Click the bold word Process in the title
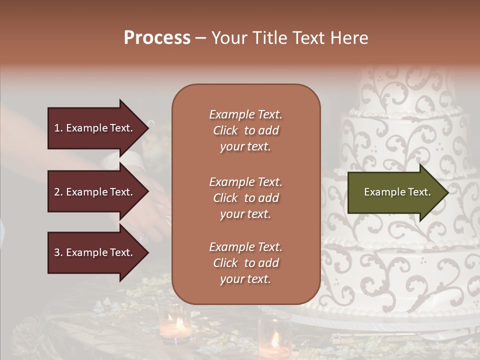[x=157, y=38]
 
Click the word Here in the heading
[x=350, y=38]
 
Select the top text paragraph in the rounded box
[x=245, y=130]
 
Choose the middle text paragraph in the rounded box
[x=245, y=198]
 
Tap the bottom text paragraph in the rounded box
[x=245, y=263]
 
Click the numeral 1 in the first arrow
[x=57, y=128]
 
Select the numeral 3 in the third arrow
[x=57, y=253]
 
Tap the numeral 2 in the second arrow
[x=57, y=192]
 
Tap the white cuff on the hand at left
[x=122, y=161]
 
